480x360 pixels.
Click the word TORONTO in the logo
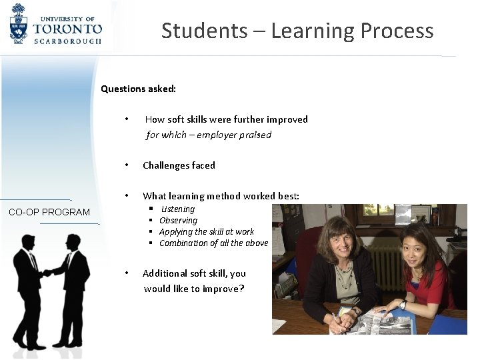click(67, 29)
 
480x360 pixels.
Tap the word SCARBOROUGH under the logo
click(67, 41)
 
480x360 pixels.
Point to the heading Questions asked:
click(138, 88)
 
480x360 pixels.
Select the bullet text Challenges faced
click(179, 165)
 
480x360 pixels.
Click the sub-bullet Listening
click(178, 209)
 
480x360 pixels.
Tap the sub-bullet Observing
click(178, 221)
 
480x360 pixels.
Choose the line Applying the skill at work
click(207, 232)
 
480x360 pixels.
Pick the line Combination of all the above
click(213, 243)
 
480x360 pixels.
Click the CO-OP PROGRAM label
click(49, 212)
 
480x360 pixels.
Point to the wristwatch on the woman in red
click(403, 305)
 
